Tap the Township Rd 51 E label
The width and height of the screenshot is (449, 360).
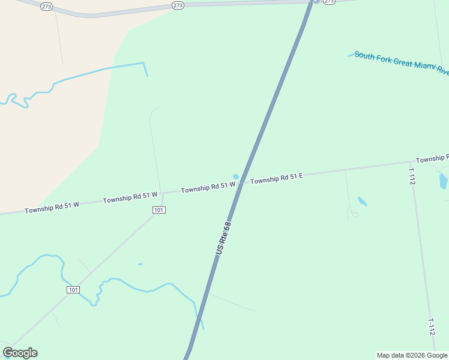276,178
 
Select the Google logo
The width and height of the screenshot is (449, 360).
20,353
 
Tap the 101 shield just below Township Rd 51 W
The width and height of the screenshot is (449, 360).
159,210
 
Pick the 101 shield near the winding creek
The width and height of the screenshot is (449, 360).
73,290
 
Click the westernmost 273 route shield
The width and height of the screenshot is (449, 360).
46,6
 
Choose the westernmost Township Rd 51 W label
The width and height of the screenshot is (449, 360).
52,208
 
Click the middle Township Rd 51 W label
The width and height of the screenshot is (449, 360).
130,197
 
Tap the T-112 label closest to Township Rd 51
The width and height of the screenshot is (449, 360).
412,176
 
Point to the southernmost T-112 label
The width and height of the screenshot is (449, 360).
431,326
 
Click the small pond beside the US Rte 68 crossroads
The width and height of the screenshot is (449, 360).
236,177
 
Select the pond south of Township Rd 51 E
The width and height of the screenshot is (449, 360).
362,202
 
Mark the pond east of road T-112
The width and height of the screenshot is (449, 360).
443,181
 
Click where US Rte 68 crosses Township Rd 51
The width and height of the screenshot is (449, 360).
241,183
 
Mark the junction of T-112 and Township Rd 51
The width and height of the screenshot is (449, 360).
411,162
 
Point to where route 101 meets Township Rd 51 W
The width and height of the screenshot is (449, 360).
163,193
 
